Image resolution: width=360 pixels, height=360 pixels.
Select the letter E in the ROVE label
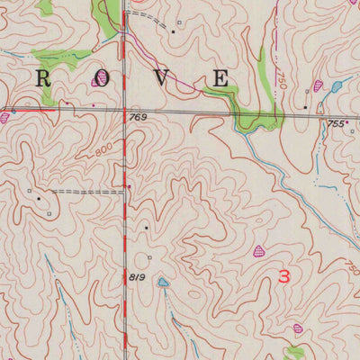[x=220, y=79]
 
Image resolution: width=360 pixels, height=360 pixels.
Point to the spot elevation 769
[x=138, y=118]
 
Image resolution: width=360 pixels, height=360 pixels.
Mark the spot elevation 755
[x=336, y=123]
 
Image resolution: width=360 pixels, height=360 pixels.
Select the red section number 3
[x=283, y=277]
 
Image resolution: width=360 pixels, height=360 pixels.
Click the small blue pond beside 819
[x=163, y=283]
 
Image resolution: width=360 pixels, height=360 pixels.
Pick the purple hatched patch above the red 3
[x=260, y=252]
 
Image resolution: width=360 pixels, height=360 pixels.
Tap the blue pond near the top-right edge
[x=336, y=87]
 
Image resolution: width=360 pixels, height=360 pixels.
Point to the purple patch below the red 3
[x=298, y=329]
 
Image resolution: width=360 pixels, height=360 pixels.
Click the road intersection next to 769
[x=124, y=112]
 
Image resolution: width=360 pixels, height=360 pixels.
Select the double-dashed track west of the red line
[x=85, y=192]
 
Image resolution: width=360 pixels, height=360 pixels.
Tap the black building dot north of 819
[x=148, y=229]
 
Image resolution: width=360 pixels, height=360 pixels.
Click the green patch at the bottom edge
[x=294, y=352]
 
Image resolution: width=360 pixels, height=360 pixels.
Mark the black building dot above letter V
[x=173, y=31]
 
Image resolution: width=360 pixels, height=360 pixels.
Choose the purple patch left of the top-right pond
[x=317, y=87]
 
